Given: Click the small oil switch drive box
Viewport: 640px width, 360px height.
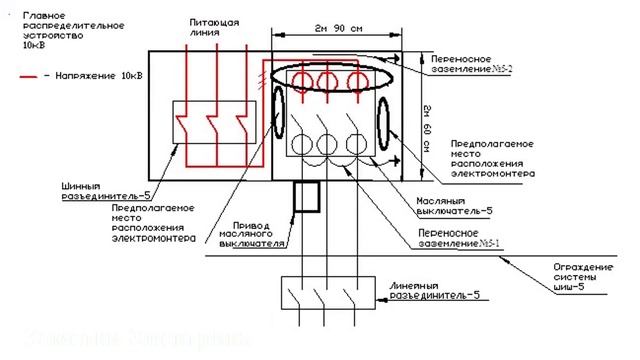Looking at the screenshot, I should point(306,198).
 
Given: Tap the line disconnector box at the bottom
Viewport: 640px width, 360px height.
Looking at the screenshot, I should point(326,294).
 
